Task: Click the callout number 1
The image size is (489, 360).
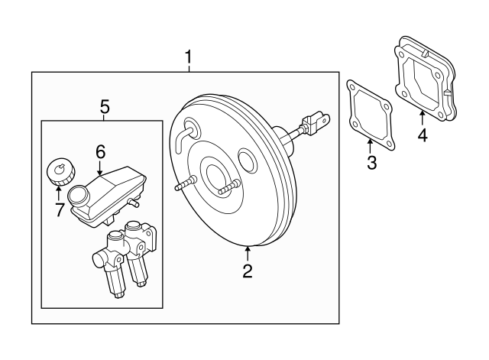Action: coord(189,57)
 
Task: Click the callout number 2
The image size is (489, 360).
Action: coord(247,271)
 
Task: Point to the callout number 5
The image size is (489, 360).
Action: coord(105,107)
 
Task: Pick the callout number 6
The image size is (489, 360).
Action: coord(99,152)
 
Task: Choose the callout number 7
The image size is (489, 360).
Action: coord(59,209)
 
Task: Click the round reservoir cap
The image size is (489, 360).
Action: coord(59,170)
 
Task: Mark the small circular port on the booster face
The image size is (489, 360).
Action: coord(248,161)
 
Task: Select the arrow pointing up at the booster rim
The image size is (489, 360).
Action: coord(247,252)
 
